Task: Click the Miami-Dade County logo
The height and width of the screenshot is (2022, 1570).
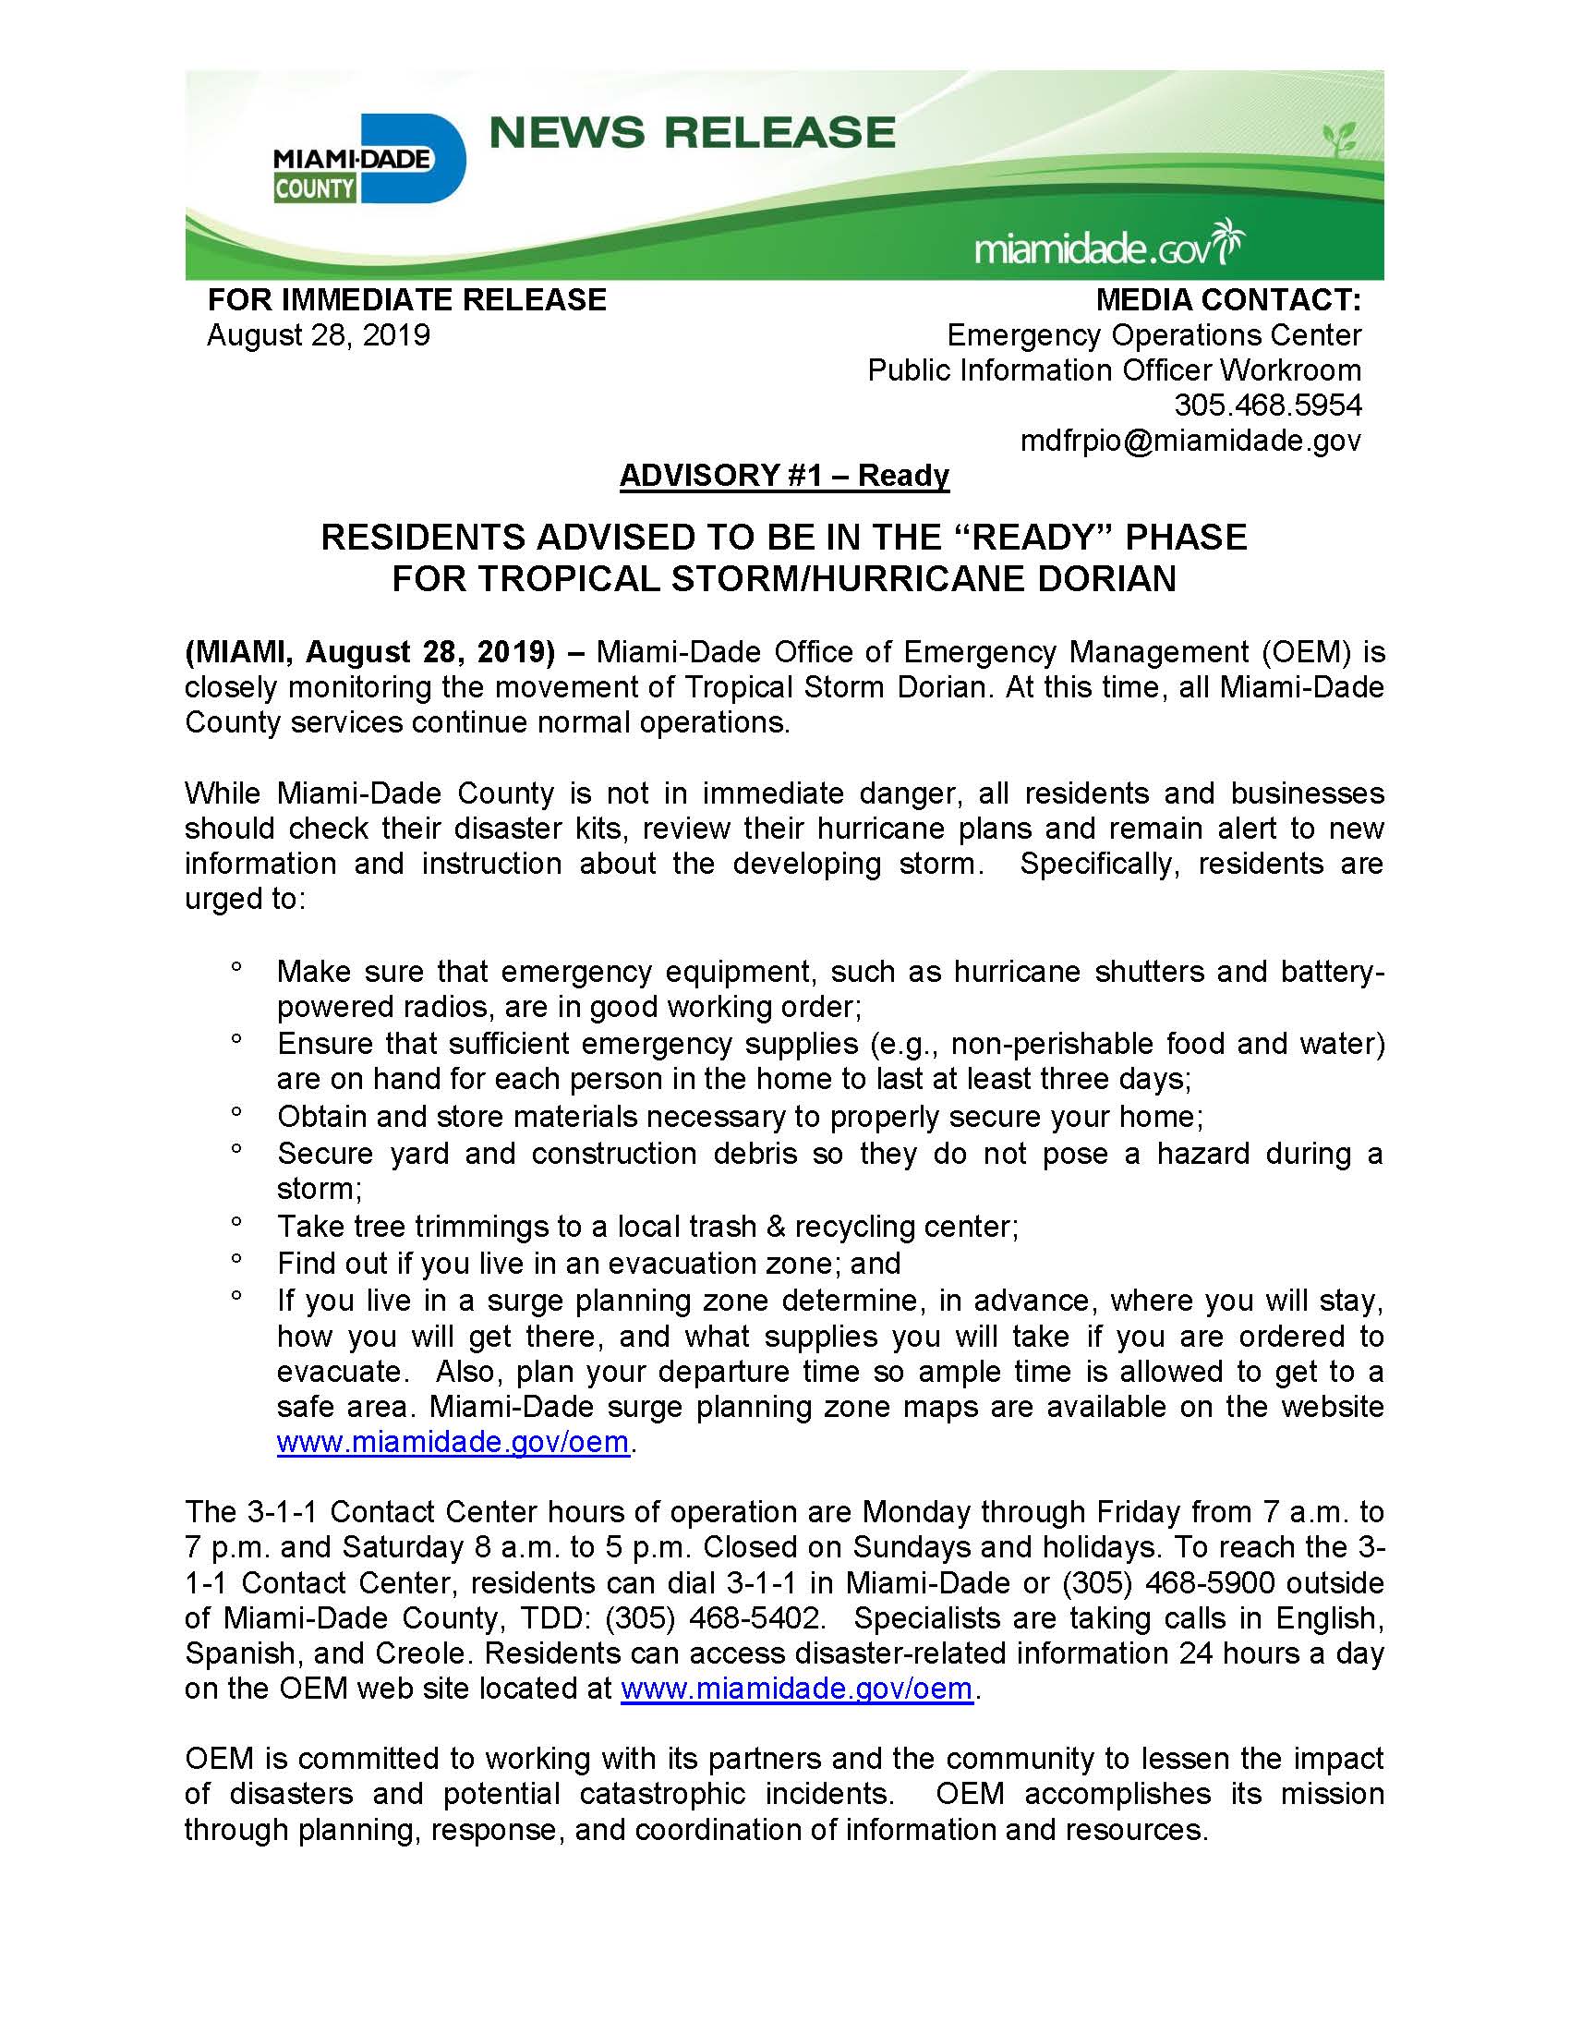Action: point(368,159)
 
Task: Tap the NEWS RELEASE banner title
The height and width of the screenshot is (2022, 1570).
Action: point(692,132)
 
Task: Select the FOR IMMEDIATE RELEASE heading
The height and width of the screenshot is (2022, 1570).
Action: point(406,300)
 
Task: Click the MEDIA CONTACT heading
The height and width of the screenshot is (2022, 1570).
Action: point(1228,300)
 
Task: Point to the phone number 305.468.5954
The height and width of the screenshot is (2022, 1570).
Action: point(1267,406)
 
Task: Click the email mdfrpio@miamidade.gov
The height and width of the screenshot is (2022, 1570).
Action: point(1190,441)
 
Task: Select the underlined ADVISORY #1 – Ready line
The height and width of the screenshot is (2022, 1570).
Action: point(784,476)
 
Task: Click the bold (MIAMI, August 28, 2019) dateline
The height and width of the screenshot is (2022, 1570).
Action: point(370,653)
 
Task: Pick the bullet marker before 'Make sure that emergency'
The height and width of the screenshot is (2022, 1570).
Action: point(237,967)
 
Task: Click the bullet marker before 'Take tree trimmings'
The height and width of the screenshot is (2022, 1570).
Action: point(237,1222)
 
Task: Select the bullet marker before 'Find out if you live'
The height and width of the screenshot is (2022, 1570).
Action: point(237,1259)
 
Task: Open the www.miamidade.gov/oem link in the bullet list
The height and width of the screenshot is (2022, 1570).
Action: point(453,1443)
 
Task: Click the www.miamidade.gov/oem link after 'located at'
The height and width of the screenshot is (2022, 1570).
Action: point(796,1689)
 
